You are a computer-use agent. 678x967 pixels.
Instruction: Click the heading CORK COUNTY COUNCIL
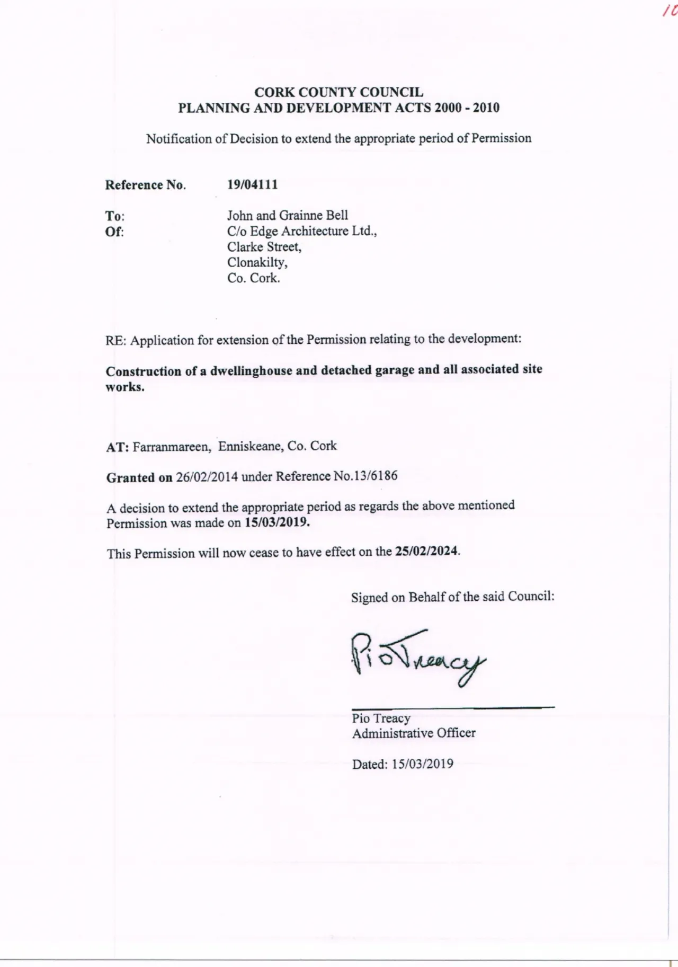pos(338,92)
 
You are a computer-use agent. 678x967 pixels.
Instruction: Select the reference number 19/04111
pos(252,185)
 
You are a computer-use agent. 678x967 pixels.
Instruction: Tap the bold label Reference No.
pos(145,185)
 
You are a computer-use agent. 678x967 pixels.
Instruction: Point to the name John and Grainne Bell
pos(288,216)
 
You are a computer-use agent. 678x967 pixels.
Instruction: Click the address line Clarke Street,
pos(264,247)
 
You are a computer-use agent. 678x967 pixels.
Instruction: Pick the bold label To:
pos(114,216)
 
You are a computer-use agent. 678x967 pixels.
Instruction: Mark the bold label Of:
pos(114,232)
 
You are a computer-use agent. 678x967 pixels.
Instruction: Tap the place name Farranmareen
pos(171,447)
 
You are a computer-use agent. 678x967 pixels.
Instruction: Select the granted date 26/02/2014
pos(207,477)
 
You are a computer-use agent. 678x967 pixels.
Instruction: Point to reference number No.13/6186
pos(365,476)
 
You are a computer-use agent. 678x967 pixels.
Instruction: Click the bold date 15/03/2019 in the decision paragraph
pos(277,522)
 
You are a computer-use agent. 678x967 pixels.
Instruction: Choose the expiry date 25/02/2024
pos(426,551)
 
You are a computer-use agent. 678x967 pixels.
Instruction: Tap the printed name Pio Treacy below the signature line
pos(381,718)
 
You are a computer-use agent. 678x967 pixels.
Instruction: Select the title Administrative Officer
pos(414,733)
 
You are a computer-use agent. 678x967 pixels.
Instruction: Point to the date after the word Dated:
pos(423,764)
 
